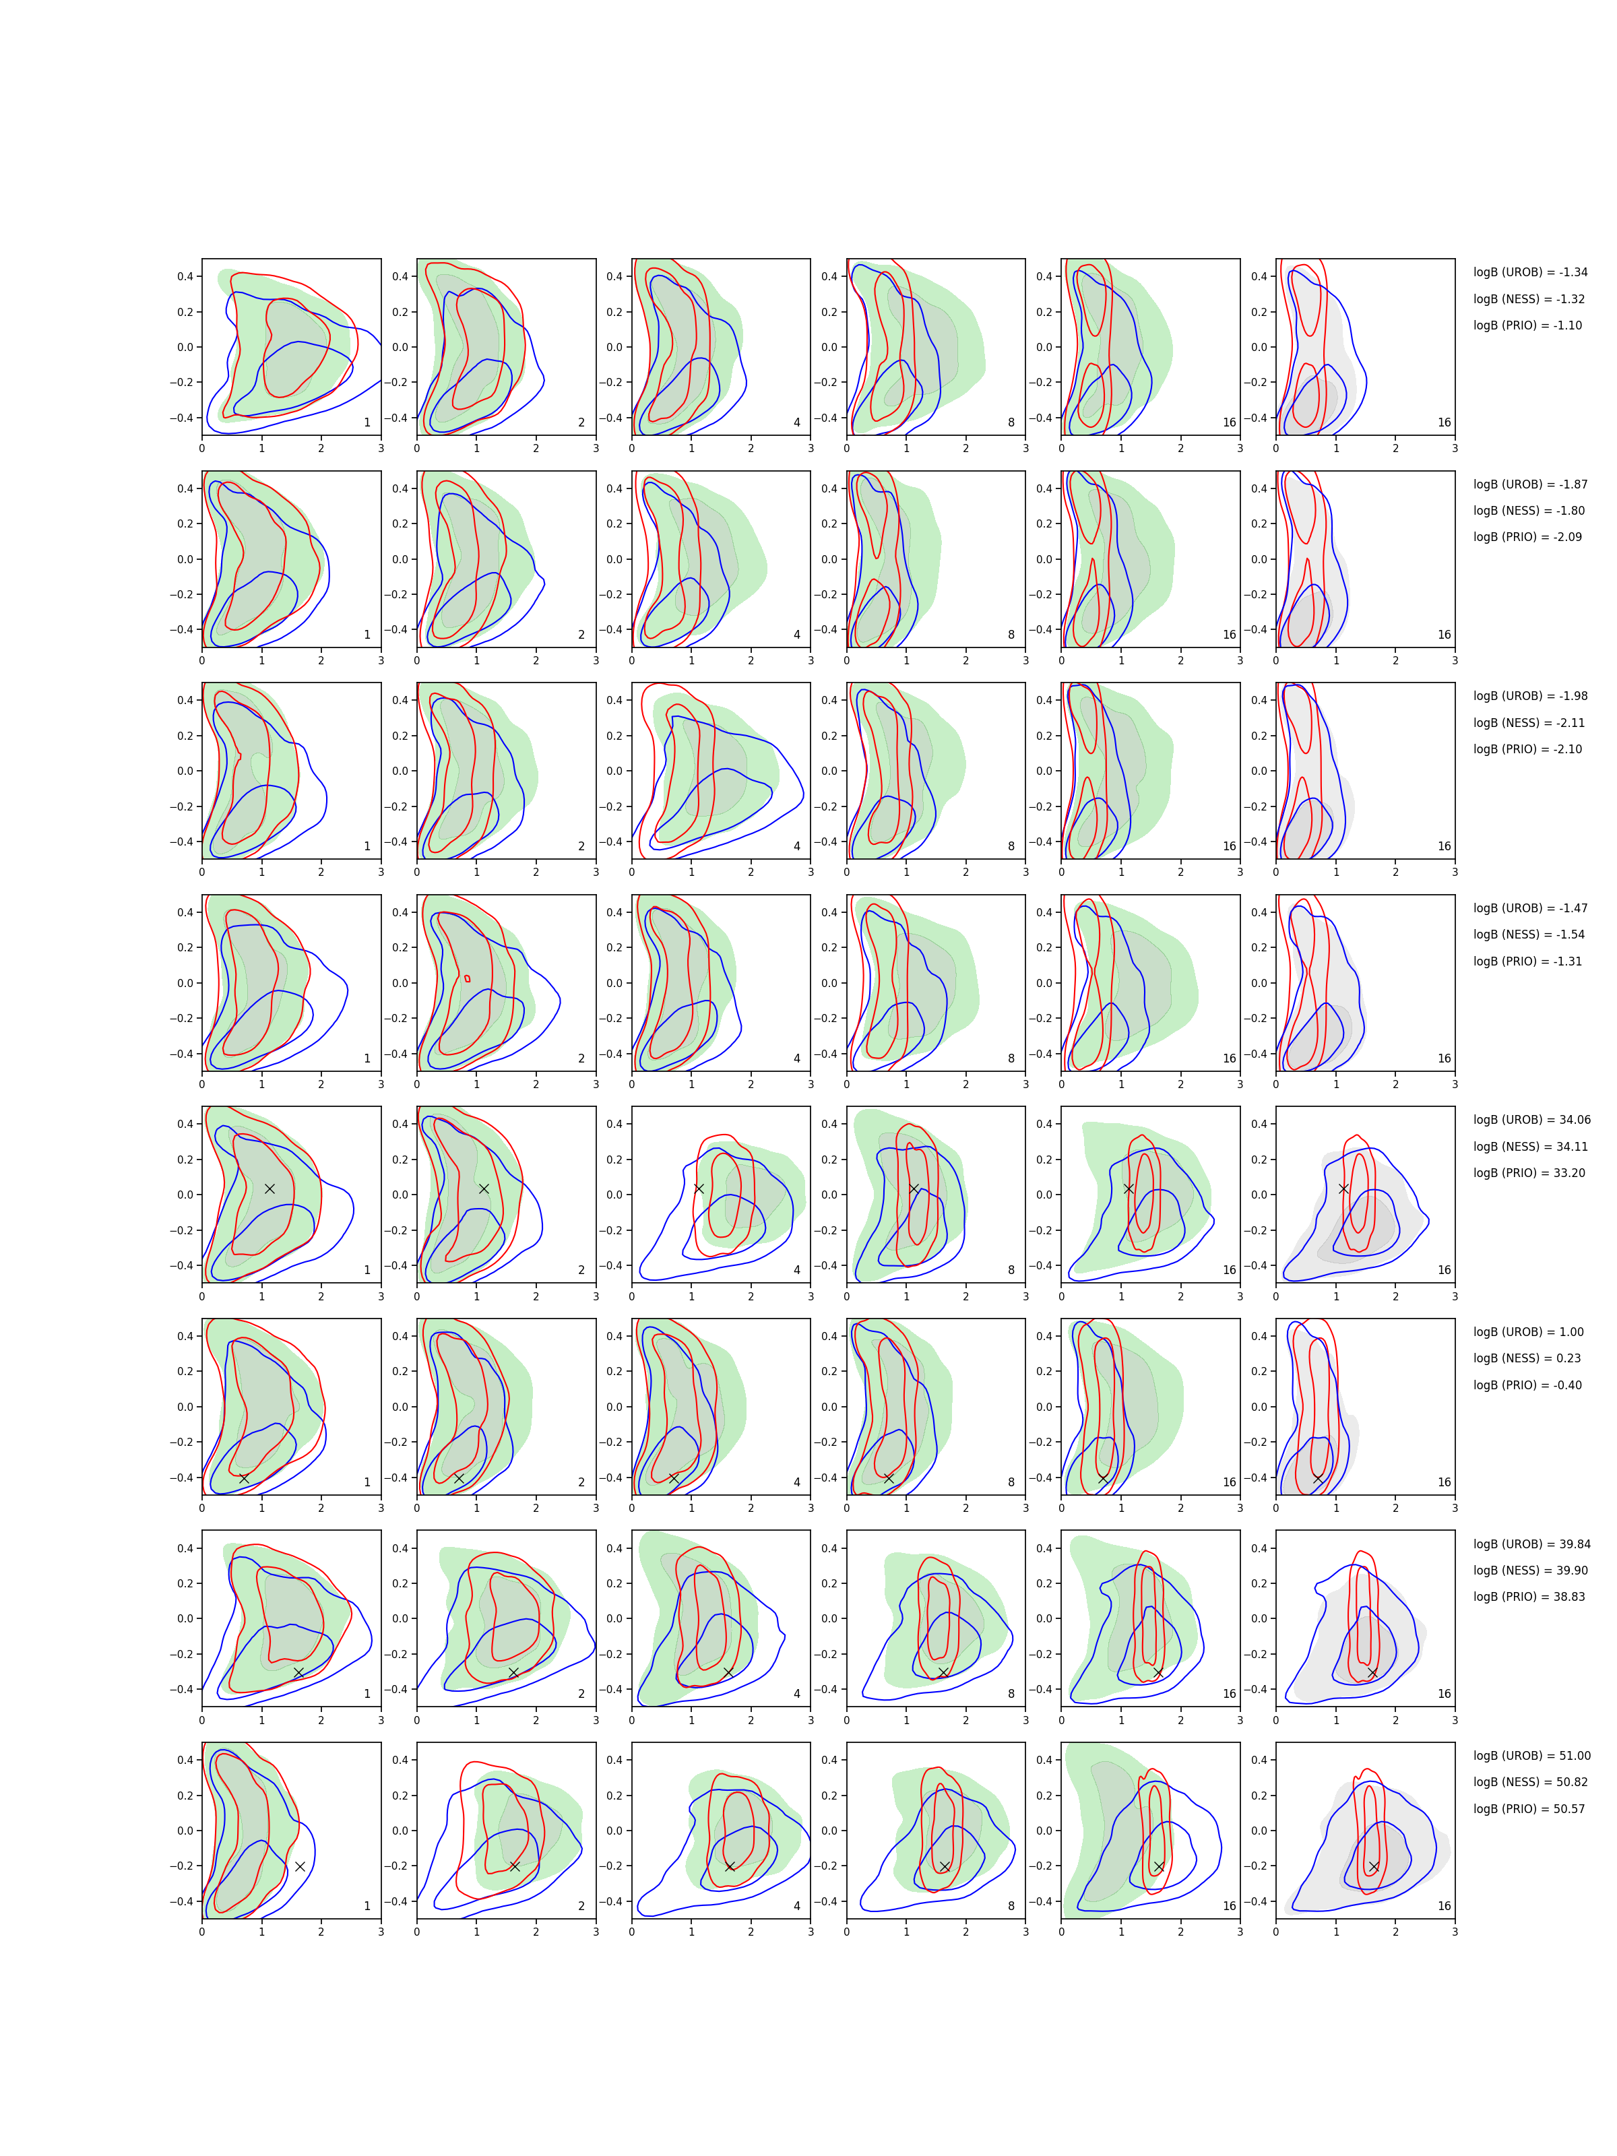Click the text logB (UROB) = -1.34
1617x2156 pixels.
[x=1529, y=272]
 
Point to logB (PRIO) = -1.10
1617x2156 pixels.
[x=1527, y=325]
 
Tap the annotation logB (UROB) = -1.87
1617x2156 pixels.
[x=1529, y=484]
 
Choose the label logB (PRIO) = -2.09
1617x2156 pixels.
[x=1527, y=537]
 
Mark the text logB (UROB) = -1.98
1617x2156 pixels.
[x=1529, y=696]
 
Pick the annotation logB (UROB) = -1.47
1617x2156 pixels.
[x=1529, y=908]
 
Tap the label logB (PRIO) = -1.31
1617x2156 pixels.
[x=1527, y=961]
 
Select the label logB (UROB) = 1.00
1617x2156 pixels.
[x=1527, y=1333]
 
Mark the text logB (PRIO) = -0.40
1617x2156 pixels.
[x=1527, y=1385]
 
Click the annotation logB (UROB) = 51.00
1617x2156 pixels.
[x=1531, y=1755]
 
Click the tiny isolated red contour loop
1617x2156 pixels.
[x=467, y=978]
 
